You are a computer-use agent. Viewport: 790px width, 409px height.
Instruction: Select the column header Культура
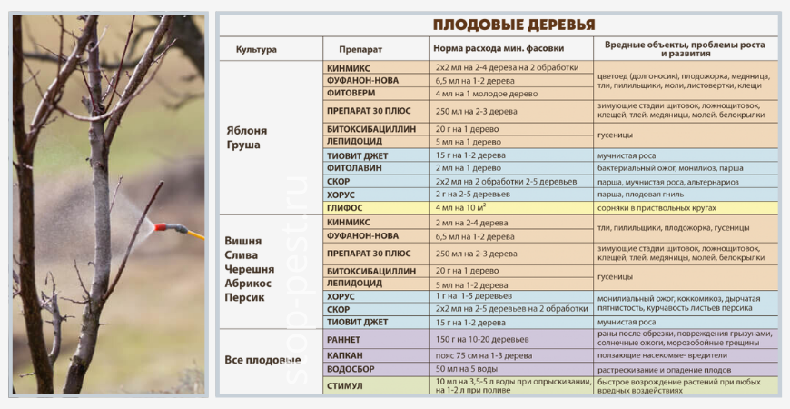click(x=256, y=49)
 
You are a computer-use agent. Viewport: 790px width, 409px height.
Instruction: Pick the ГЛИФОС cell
click(x=344, y=207)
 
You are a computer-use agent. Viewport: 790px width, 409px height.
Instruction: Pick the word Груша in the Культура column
click(x=242, y=145)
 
